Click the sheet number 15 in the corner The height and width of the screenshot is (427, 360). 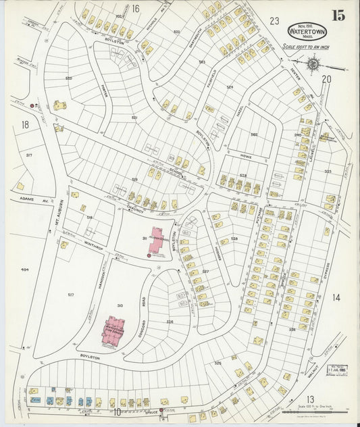337,15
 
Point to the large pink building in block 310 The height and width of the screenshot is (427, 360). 115,330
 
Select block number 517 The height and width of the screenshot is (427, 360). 70,295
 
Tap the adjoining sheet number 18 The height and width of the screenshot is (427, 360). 25,124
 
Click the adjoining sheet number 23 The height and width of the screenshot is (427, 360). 274,21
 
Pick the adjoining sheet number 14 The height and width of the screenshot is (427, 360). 336,297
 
